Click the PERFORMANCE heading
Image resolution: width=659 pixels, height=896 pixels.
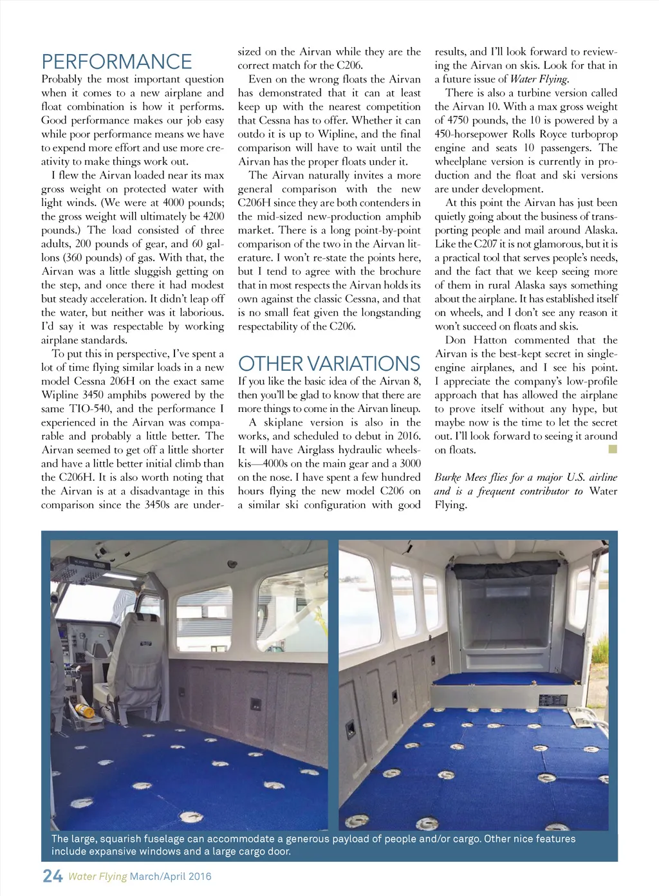coord(116,62)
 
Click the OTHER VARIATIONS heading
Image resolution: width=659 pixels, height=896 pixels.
coord(329,364)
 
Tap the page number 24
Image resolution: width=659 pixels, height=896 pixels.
coord(52,876)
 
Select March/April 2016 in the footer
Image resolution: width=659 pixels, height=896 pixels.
coord(171,877)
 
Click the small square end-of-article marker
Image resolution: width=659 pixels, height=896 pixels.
coord(613,449)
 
